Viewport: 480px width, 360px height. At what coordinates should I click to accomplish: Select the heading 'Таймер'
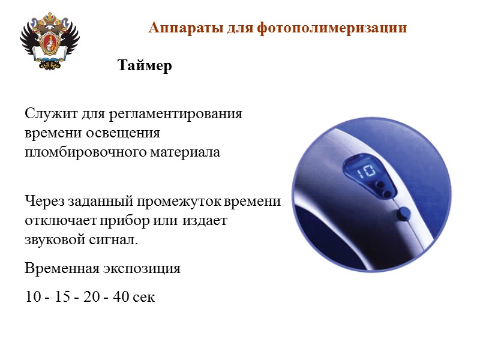[x=145, y=65]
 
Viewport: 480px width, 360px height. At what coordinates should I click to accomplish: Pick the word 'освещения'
[x=131, y=133]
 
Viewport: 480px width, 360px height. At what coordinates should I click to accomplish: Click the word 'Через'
[x=43, y=200]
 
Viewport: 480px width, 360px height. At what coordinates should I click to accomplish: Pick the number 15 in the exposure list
[x=62, y=296]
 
